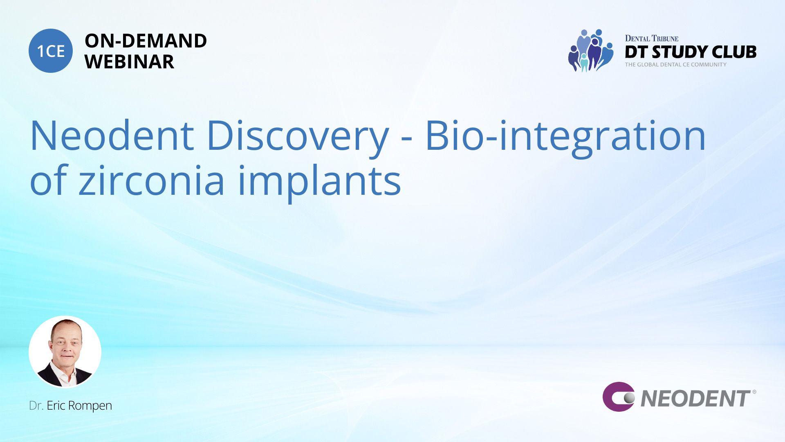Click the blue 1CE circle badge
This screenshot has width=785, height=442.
pyautogui.click(x=51, y=51)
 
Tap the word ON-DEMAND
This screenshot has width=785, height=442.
pyautogui.click(x=146, y=41)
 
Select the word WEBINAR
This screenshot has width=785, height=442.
pyautogui.click(x=129, y=62)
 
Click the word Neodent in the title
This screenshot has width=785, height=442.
pyautogui.click(x=112, y=135)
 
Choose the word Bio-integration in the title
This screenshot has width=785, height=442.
pyautogui.click(x=565, y=138)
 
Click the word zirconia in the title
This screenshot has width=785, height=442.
pyautogui.click(x=152, y=180)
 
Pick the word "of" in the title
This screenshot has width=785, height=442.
pyautogui.click(x=48, y=180)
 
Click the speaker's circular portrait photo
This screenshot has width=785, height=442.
pyautogui.click(x=65, y=352)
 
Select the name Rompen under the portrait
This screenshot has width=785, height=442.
pyautogui.click(x=90, y=406)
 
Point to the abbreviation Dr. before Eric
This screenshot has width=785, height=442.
pyautogui.click(x=36, y=406)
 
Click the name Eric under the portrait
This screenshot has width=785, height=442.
pyautogui.click(x=56, y=406)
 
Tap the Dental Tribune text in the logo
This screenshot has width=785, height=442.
pyautogui.click(x=652, y=38)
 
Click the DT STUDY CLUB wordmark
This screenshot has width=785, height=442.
pyautogui.click(x=691, y=52)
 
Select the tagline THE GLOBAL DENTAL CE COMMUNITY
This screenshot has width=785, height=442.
pyautogui.click(x=675, y=65)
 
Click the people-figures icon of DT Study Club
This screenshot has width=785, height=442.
pyautogui.click(x=590, y=50)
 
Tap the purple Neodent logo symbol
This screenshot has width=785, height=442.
pyautogui.click(x=619, y=397)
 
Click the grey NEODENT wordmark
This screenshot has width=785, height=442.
pyautogui.click(x=695, y=399)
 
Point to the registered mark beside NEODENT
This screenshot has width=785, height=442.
pyautogui.click(x=754, y=392)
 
